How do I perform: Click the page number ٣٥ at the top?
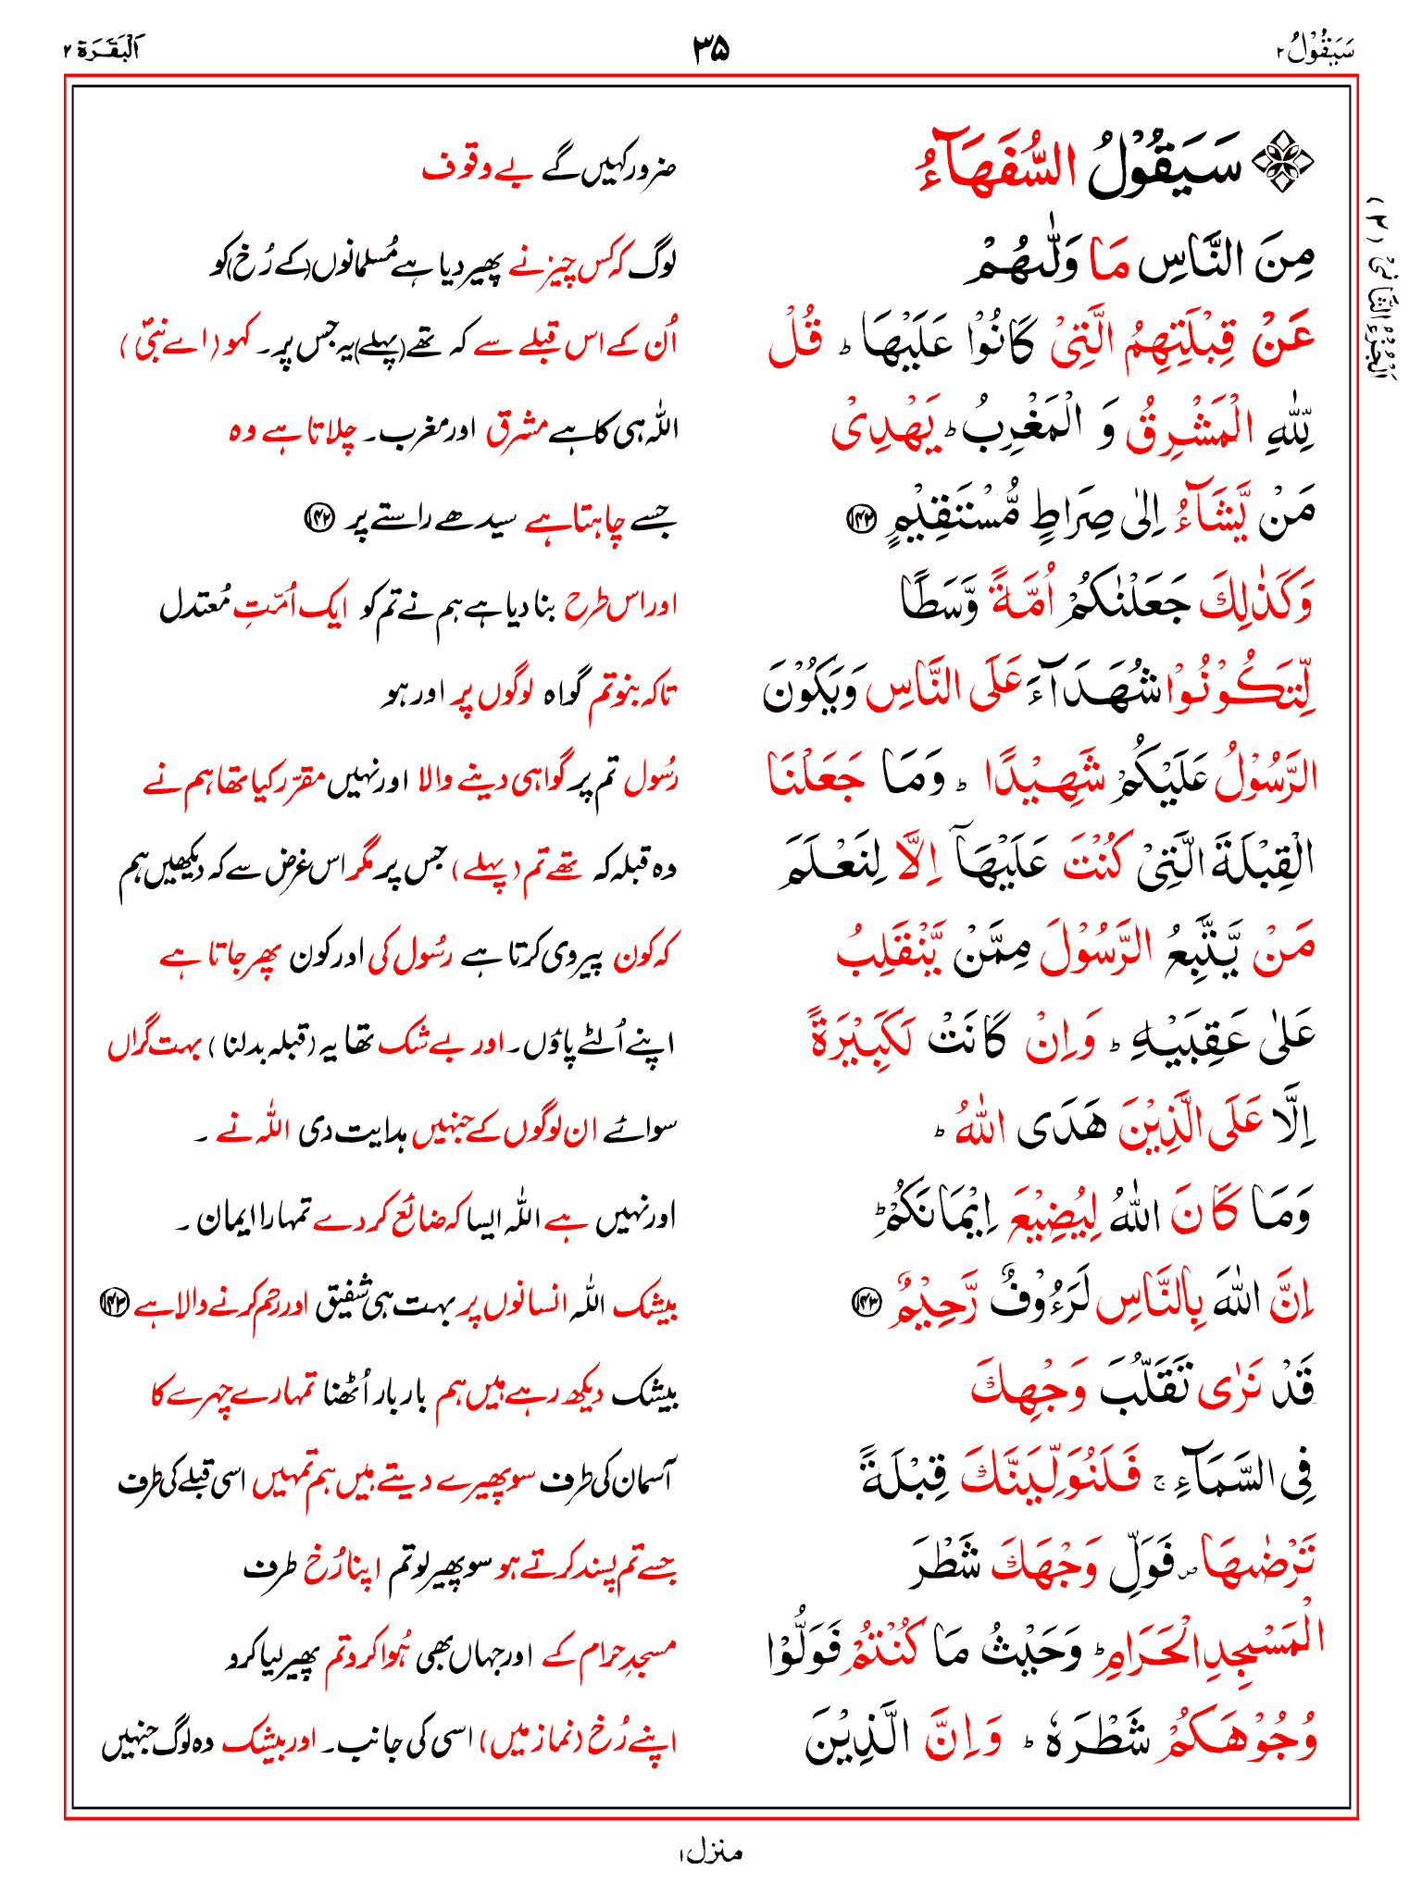click(x=711, y=48)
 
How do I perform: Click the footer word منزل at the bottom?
click(x=710, y=1852)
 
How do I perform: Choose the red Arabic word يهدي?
click(x=880, y=429)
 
